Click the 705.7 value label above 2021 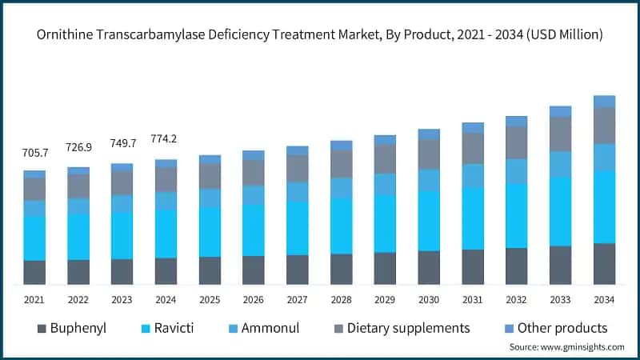click(x=34, y=152)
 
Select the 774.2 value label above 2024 click(x=164, y=139)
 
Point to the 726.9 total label click(x=78, y=148)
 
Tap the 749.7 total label click(x=122, y=143)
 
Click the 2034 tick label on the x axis click(x=604, y=299)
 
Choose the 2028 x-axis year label click(x=342, y=299)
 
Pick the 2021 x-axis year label click(x=34, y=299)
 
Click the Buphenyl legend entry click(x=70, y=328)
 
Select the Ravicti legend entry click(x=166, y=328)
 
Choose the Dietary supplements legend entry click(x=406, y=328)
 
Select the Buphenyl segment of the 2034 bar click(x=604, y=264)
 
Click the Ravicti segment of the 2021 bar click(x=34, y=238)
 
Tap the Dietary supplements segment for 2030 click(x=430, y=154)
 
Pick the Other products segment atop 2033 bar click(x=561, y=111)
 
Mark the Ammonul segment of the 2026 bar click(x=254, y=194)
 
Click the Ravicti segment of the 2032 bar click(x=517, y=215)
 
